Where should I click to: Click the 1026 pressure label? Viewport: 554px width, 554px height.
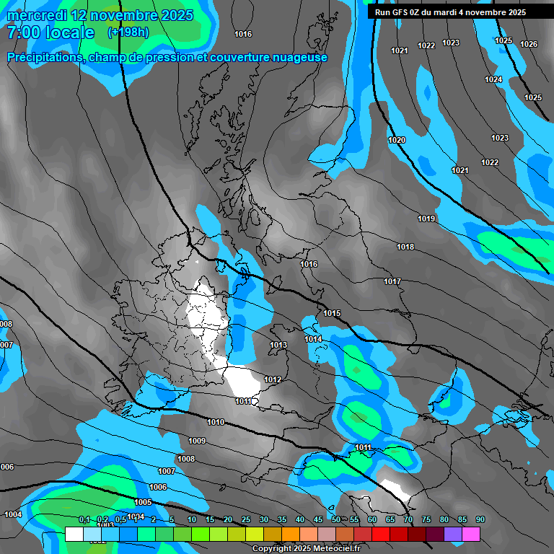point(529,45)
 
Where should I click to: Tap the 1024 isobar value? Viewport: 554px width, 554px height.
point(493,80)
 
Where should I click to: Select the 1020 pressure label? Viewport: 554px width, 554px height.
point(397,141)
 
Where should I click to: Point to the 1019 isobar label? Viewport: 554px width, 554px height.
point(426,219)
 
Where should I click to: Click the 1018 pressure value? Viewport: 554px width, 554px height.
point(405,247)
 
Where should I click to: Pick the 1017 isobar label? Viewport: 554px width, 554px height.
point(392,282)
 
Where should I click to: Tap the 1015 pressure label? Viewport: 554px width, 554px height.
point(332,314)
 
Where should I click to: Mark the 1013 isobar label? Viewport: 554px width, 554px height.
point(279,346)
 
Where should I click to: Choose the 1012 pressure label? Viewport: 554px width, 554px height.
point(273,380)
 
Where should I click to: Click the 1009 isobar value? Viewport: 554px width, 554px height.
point(197,441)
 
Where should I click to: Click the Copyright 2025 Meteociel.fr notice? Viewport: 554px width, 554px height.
point(305,548)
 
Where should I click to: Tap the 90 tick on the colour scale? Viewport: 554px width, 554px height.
point(480,520)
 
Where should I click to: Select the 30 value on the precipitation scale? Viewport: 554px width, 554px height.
point(264,520)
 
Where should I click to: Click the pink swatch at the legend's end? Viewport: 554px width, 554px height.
point(471,535)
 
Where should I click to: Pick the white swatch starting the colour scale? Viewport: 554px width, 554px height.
point(74,535)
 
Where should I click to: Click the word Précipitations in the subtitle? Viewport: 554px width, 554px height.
point(45,58)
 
